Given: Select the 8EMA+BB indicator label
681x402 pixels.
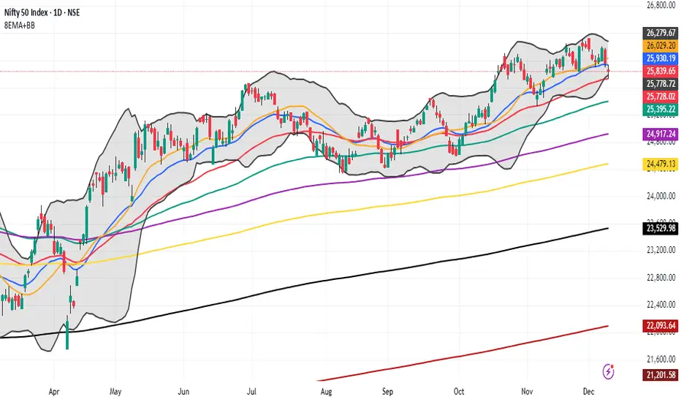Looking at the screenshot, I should [x=20, y=26].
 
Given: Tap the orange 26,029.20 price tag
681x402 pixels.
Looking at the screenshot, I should [x=659, y=45].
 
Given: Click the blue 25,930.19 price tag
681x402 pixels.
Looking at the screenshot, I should [x=659, y=57].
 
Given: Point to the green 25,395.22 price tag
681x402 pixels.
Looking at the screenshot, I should [x=659, y=109].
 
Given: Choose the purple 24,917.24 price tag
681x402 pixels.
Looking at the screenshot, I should [x=659, y=134].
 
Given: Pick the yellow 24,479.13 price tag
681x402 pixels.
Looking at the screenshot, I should [x=659, y=164].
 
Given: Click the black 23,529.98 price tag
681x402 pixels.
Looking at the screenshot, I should [x=659, y=229].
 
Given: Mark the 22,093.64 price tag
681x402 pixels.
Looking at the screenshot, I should [x=659, y=325].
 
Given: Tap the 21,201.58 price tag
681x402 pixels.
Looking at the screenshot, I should [x=659, y=375].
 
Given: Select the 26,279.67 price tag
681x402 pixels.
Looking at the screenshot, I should [x=659, y=33].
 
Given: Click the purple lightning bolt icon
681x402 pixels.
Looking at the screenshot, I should [x=609, y=371].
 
